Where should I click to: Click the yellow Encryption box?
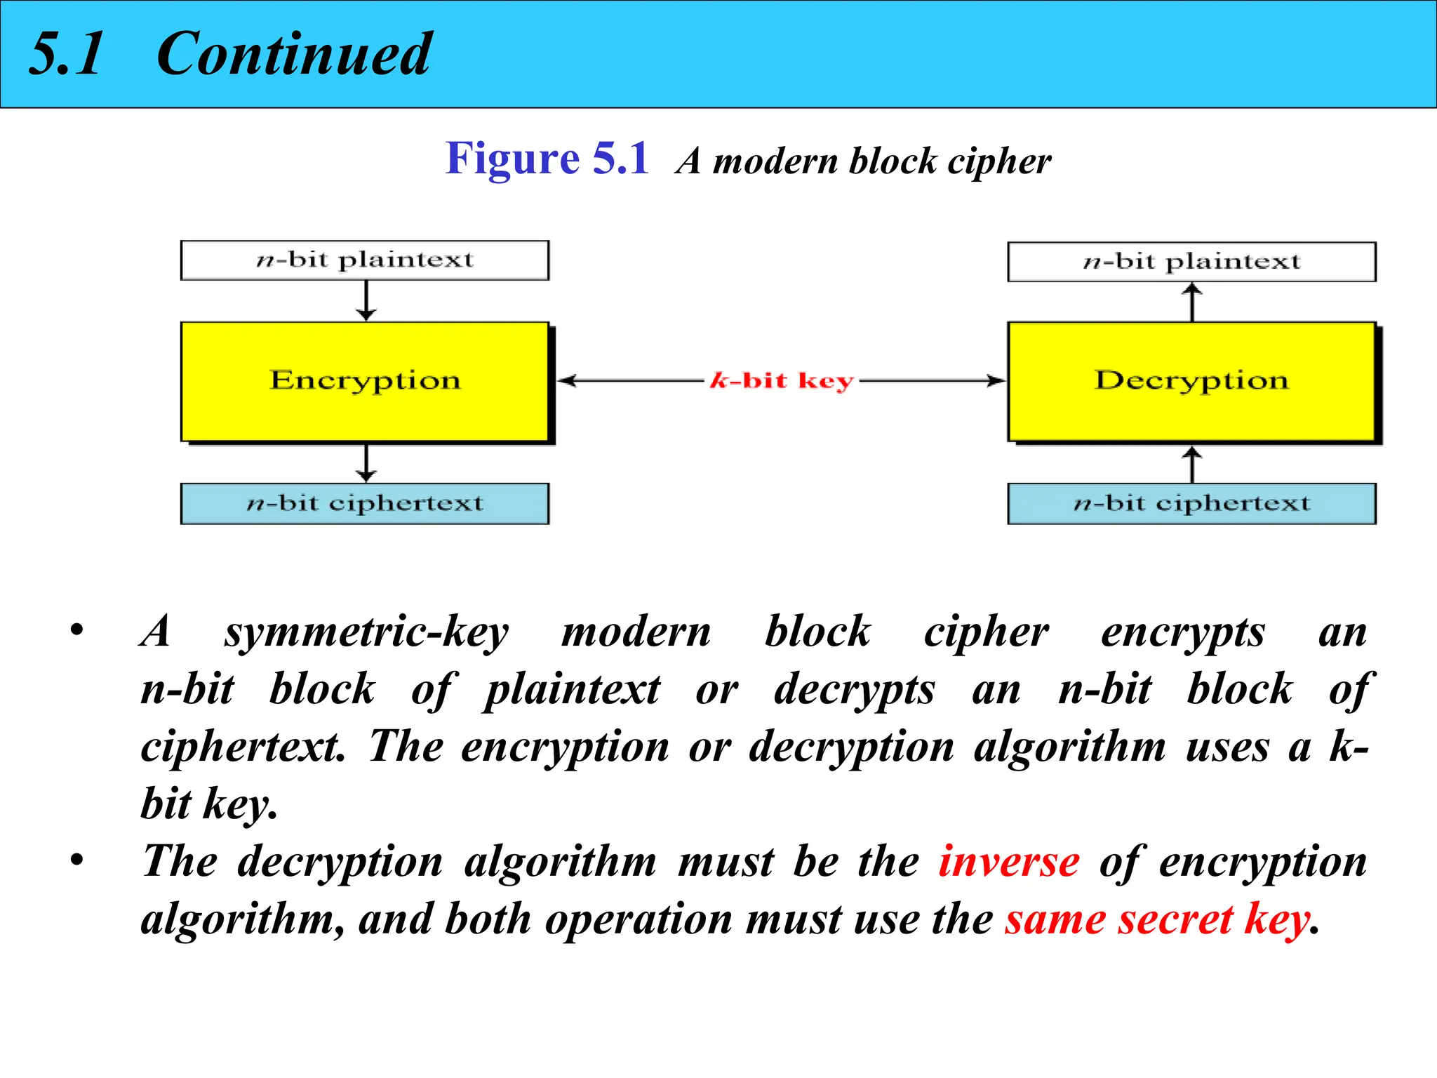[365, 381]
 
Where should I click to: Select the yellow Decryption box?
[1191, 381]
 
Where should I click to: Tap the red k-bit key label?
[782, 381]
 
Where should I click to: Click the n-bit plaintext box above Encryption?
[365, 260]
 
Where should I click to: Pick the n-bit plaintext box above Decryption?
[1191, 262]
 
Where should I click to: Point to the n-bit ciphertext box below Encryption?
[365, 503]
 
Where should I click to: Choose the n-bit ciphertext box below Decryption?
[1191, 503]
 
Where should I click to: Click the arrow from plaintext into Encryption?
[366, 301]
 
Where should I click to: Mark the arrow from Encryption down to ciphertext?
[366, 463]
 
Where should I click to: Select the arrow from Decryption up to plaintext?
[1192, 302]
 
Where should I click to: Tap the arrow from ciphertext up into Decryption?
[1192, 464]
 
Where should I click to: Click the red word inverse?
[1009, 861]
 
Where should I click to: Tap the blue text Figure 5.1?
[547, 159]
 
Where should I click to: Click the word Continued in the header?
[293, 54]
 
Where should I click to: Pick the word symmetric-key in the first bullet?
[366, 632]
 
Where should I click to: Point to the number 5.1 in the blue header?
[67, 54]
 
